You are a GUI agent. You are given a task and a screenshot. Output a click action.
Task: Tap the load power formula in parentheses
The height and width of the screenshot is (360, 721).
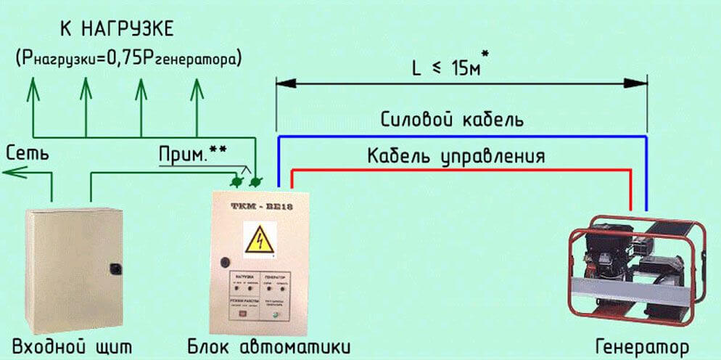(x=128, y=57)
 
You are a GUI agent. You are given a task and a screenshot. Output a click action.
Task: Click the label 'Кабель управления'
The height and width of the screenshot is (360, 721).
(x=456, y=155)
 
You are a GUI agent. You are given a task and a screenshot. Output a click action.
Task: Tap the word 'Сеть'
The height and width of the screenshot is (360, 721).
(x=28, y=153)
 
